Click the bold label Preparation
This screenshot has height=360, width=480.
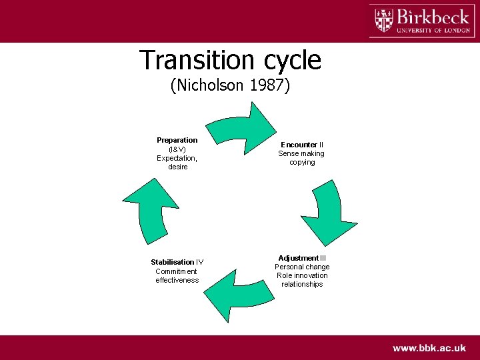[x=177, y=140]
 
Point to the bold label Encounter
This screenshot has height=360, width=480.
[x=298, y=145]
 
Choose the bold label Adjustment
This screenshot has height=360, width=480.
[x=298, y=258]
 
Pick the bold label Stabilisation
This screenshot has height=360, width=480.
[x=172, y=262]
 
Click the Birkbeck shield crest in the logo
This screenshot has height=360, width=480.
[x=384, y=20]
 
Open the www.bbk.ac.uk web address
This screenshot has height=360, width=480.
[x=429, y=347]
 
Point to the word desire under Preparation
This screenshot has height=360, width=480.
[x=177, y=167]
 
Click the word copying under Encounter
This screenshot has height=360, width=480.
[x=302, y=162]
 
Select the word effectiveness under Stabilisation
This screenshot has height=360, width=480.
[x=177, y=280]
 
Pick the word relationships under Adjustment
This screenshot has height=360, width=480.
[x=302, y=284]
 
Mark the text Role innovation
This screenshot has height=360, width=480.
[x=302, y=275]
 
